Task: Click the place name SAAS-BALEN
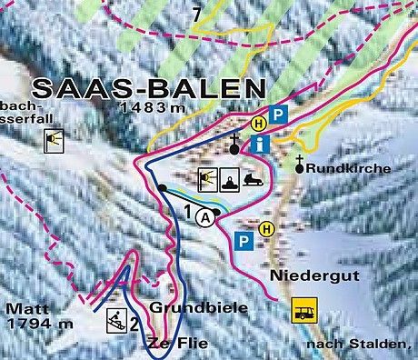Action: click(148, 89)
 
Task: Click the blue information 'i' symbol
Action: click(262, 143)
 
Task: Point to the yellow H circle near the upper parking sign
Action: click(259, 122)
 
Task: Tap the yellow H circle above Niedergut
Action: click(266, 228)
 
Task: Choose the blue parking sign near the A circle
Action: click(243, 241)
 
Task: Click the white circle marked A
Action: click(206, 217)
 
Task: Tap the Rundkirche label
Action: click(349, 168)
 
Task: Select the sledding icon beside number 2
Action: click(115, 318)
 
